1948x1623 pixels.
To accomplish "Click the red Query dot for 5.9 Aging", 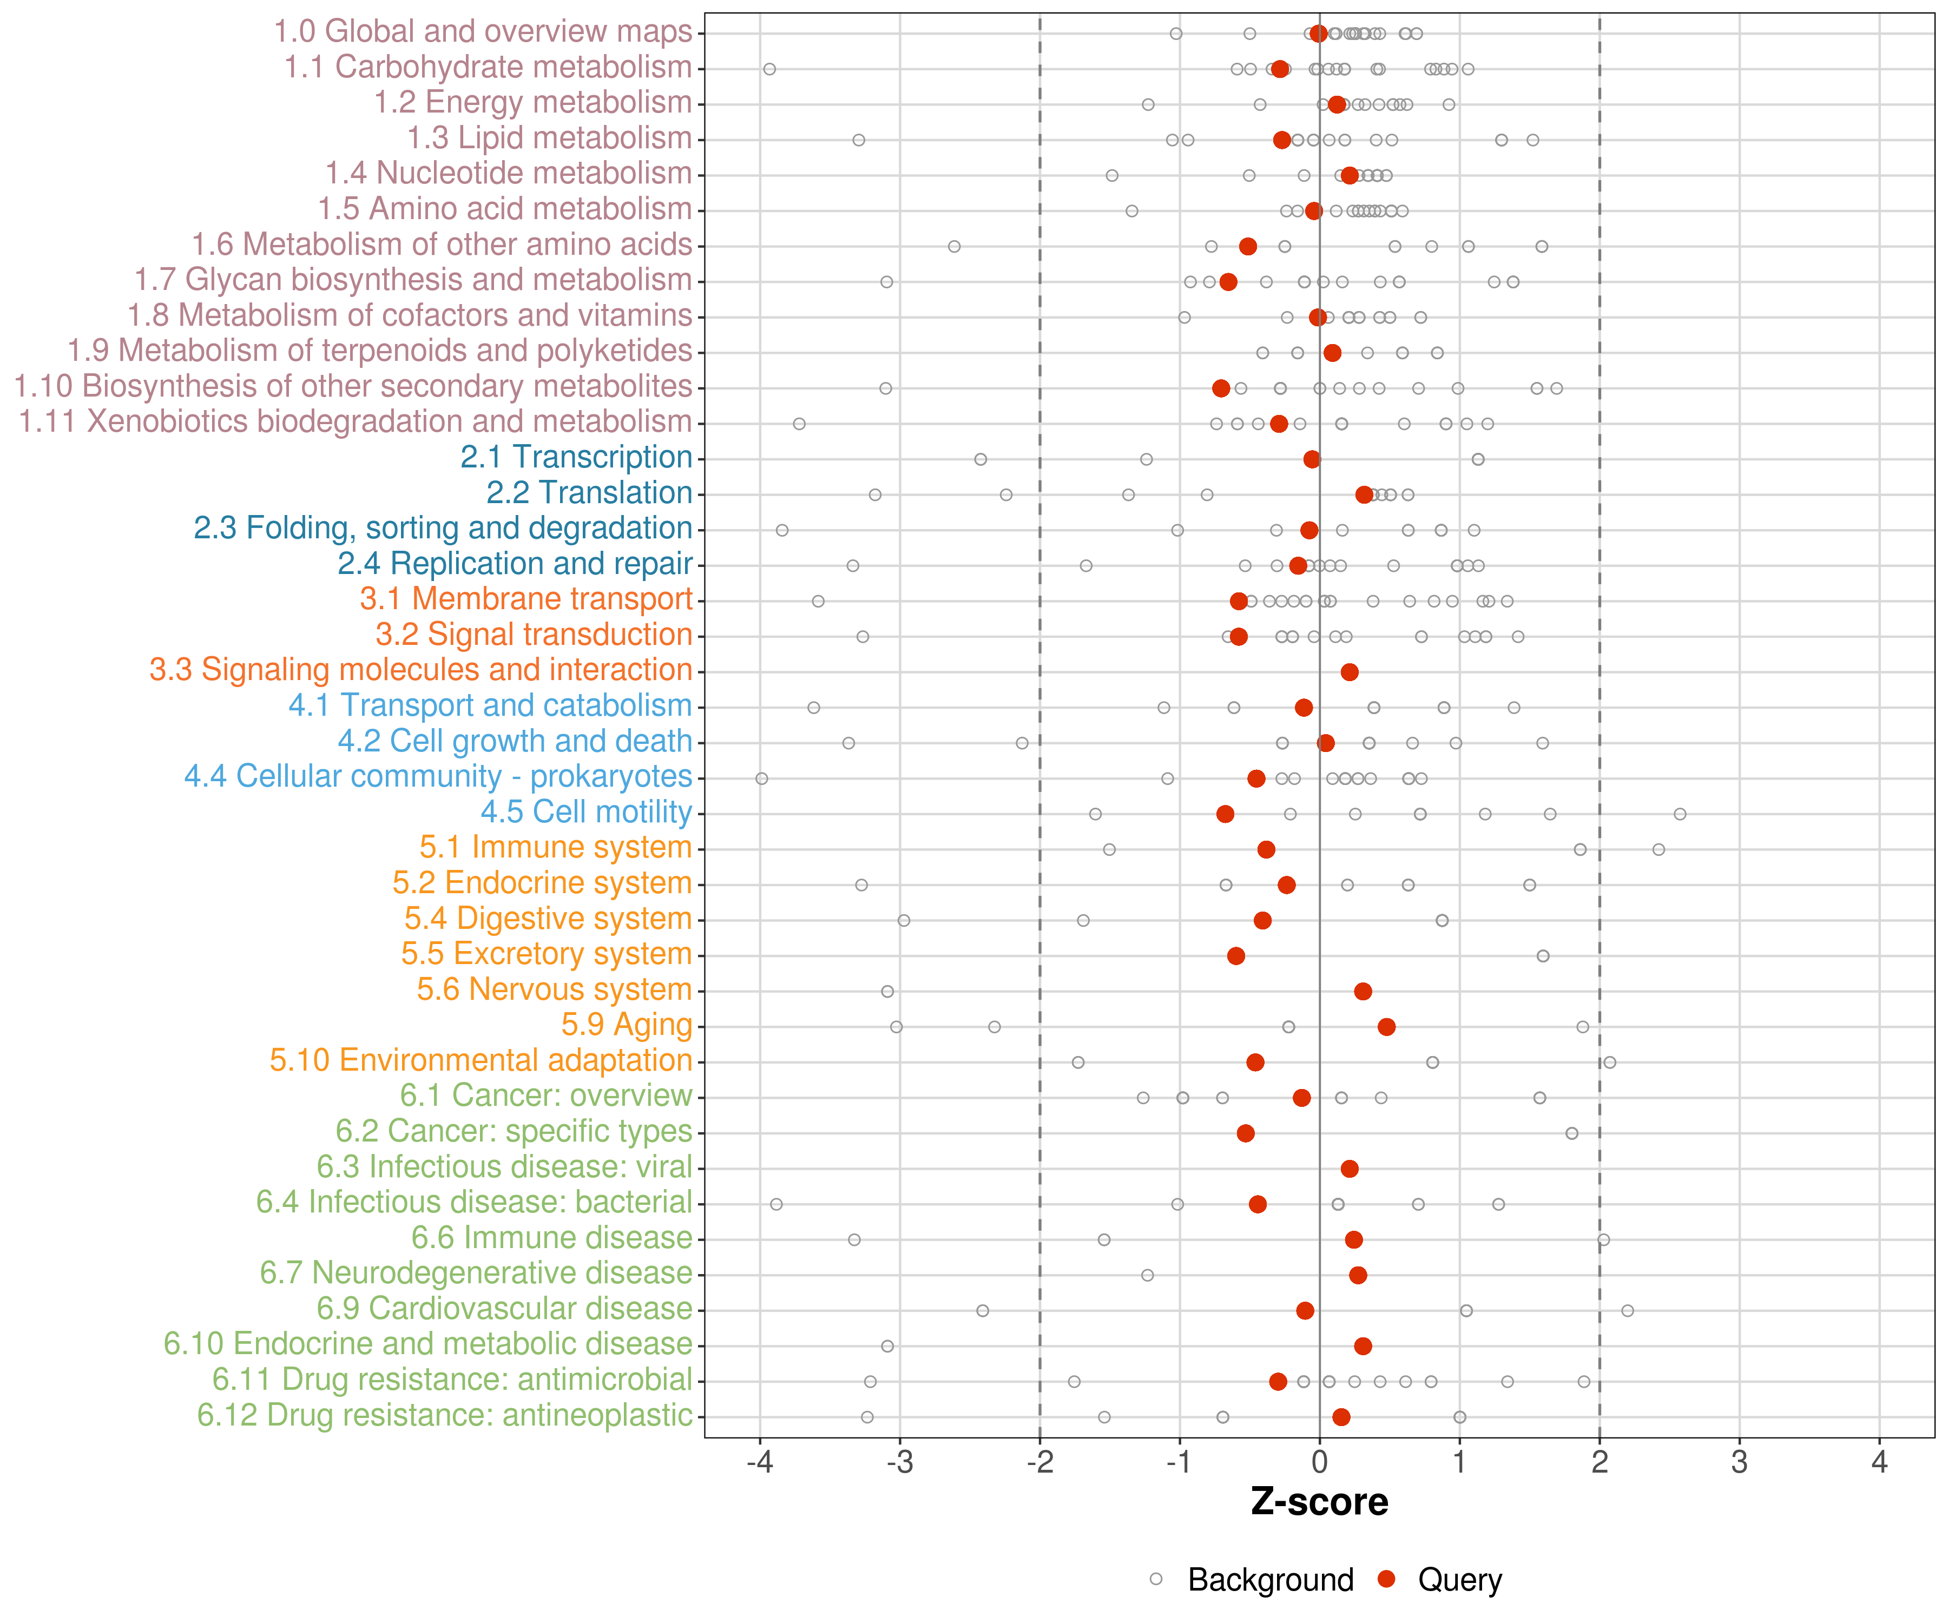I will (1386, 1027).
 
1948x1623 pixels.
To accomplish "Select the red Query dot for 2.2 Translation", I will (1364, 494).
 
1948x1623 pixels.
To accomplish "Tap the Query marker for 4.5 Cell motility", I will (1225, 813).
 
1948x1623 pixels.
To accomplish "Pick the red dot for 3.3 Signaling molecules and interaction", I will (1349, 671).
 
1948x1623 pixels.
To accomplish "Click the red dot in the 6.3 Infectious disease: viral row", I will (1349, 1169).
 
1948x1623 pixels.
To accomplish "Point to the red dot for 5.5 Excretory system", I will (1235, 955).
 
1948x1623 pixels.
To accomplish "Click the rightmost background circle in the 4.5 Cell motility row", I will (1679, 813).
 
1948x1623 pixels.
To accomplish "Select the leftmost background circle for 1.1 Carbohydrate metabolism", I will (769, 69).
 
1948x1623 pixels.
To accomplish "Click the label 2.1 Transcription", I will (576, 457).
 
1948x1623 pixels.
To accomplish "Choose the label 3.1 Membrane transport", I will (526, 599).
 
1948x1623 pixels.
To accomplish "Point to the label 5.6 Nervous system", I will (554, 989).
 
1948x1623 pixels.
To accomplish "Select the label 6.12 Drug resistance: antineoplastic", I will (444, 1415).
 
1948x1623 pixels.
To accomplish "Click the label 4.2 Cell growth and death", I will (515, 741).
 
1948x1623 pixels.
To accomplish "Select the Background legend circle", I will (1156, 1579).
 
